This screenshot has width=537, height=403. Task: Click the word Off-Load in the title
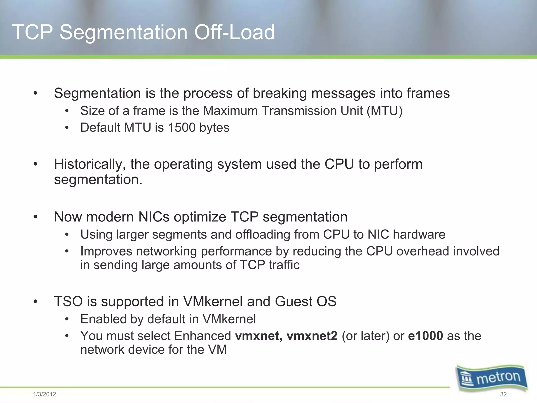pos(234,32)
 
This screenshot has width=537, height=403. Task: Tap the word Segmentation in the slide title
pos(123,32)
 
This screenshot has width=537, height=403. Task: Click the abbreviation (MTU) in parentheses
pos(384,111)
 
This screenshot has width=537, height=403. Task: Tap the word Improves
pos(106,251)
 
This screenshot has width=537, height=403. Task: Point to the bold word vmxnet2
pos(312,336)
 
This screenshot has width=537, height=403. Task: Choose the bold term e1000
pos(426,336)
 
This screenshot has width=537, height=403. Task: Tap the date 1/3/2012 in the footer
pos(45,394)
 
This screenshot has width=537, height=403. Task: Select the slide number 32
pos(503,394)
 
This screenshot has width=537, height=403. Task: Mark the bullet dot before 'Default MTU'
pos(67,128)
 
